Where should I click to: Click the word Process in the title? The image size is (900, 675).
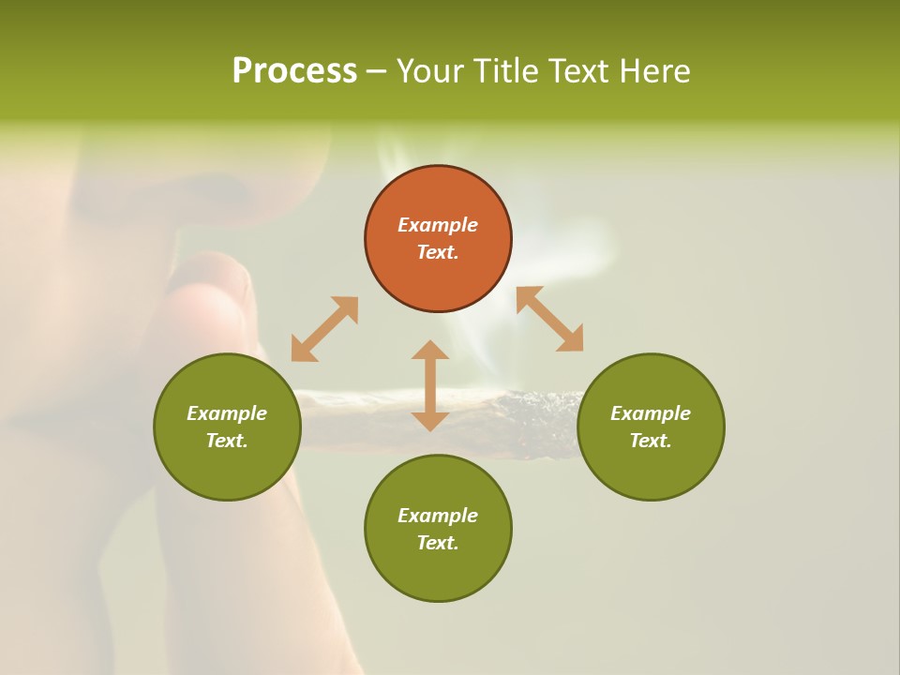click(x=294, y=71)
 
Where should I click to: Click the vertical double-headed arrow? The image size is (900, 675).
click(x=430, y=385)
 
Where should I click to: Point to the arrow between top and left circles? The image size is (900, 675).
click(x=324, y=328)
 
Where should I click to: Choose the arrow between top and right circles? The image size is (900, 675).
click(x=550, y=319)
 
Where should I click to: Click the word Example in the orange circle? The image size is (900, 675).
click(x=438, y=225)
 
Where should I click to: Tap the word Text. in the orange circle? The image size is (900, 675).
click(x=438, y=252)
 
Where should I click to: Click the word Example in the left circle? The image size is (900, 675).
click(x=227, y=413)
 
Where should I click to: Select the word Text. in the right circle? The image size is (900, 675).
click(x=651, y=441)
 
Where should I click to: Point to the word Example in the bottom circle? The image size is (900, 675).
click(x=438, y=516)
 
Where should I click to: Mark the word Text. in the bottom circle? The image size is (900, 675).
click(x=438, y=543)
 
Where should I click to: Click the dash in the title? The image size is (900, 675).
click(x=377, y=71)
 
